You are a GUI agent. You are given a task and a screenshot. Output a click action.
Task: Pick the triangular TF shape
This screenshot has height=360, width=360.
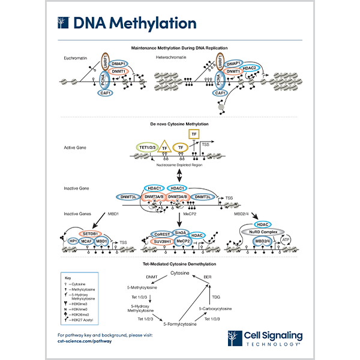point(163,146)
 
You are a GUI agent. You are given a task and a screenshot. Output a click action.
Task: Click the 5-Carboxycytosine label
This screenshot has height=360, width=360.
point(216,308)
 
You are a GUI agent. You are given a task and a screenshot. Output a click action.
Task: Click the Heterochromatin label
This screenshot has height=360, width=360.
point(173,57)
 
